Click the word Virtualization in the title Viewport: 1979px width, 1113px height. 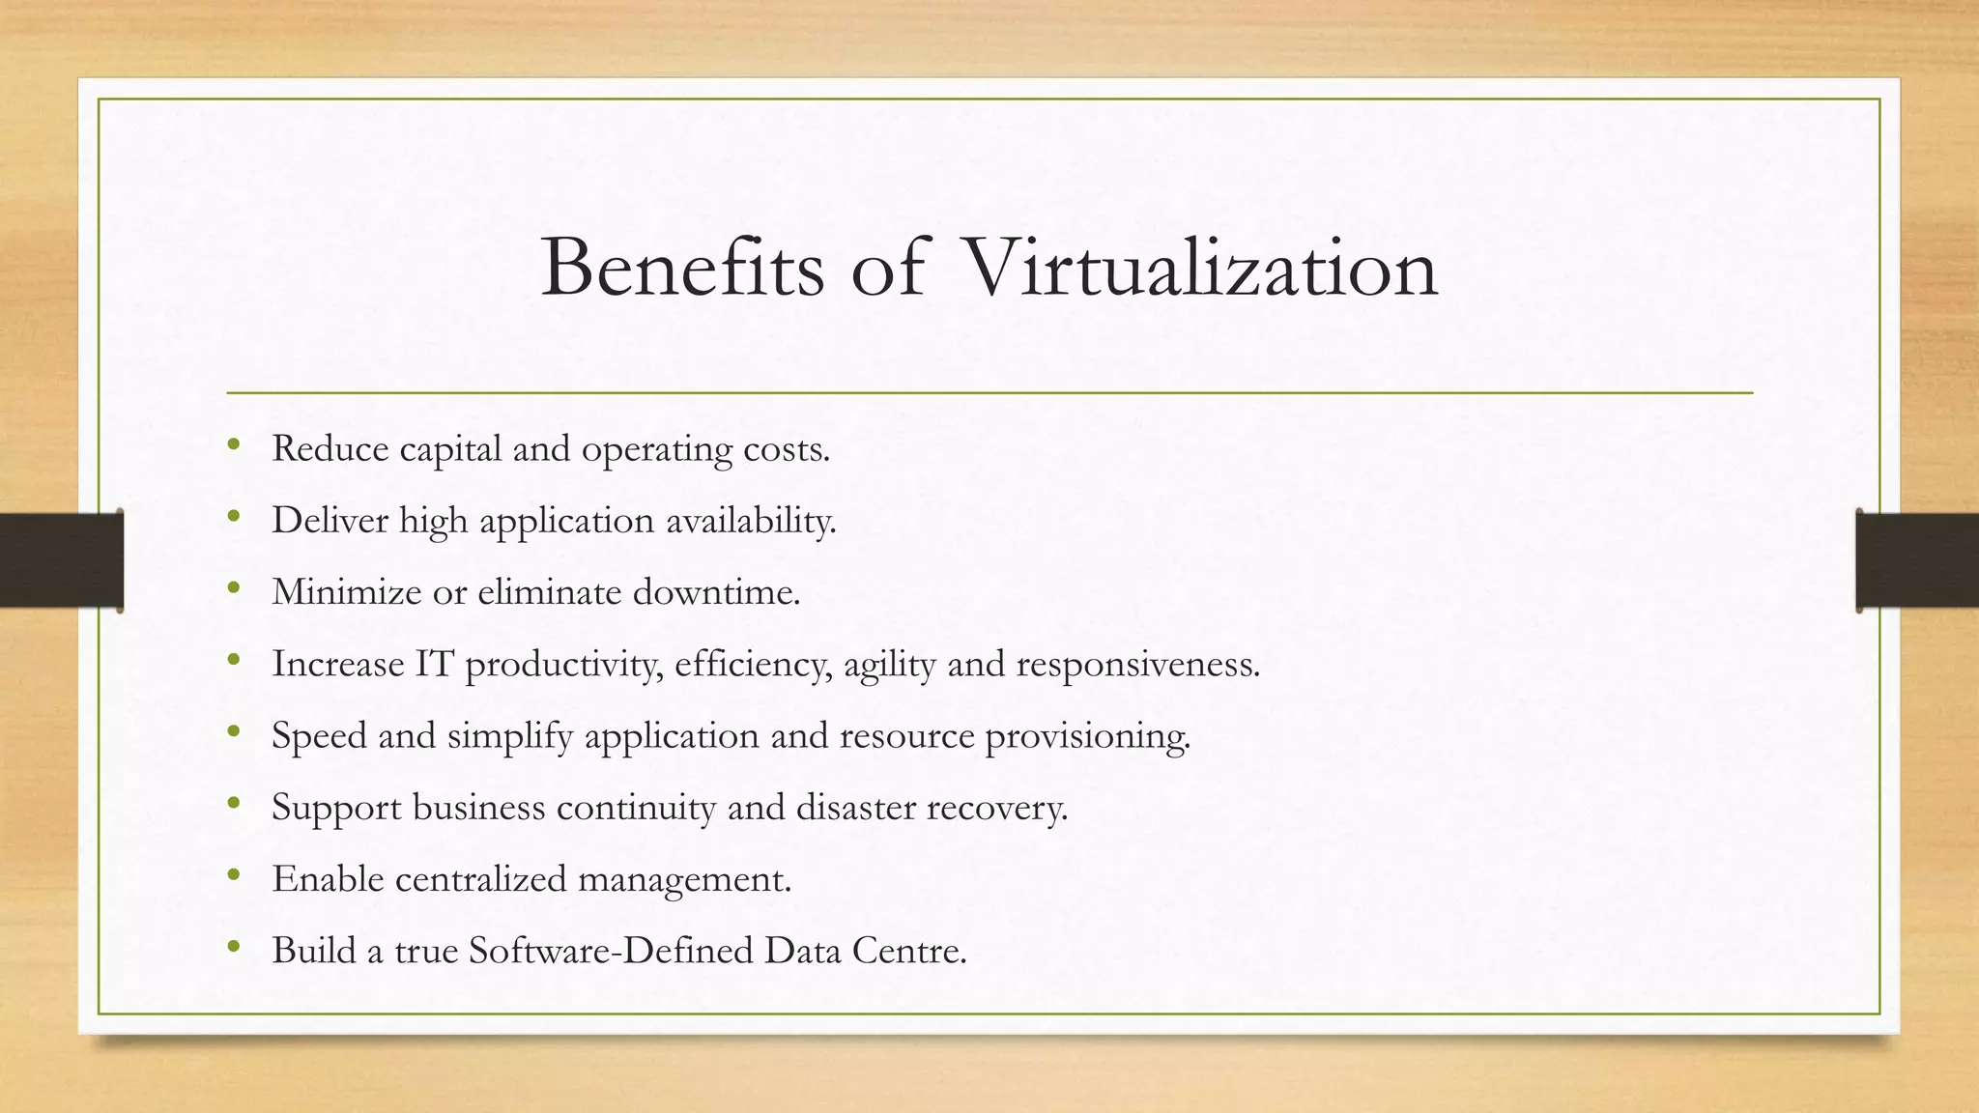click(x=1201, y=268)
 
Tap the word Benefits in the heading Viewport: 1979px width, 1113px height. click(x=682, y=268)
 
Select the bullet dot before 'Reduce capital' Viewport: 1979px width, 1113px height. click(x=233, y=445)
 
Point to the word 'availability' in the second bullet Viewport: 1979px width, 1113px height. click(x=751, y=521)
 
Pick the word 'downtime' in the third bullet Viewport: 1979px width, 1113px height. click(x=716, y=592)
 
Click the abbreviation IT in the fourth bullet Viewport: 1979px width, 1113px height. click(x=435, y=664)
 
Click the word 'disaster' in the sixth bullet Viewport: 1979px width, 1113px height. click(x=855, y=808)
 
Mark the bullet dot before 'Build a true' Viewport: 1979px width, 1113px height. click(x=233, y=948)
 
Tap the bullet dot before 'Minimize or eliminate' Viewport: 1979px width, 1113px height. click(x=233, y=588)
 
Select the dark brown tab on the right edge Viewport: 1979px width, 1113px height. click(x=1917, y=560)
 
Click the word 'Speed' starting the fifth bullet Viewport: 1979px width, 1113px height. click(x=319, y=736)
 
